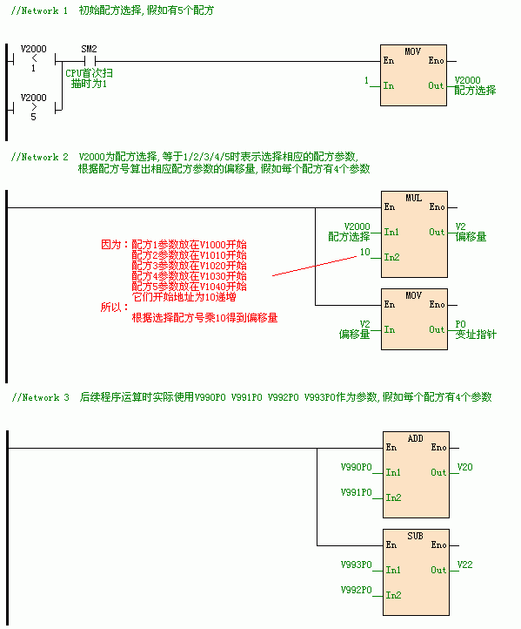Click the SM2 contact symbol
pyautogui.click(x=90, y=61)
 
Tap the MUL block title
pyautogui.click(x=414, y=198)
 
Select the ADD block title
pyautogui.click(x=415, y=438)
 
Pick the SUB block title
pyautogui.click(x=415, y=536)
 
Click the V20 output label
pyautogui.click(x=465, y=467)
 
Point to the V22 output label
pyautogui.click(x=465, y=565)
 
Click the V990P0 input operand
pyautogui.click(x=357, y=467)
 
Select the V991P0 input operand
pyautogui.click(x=357, y=492)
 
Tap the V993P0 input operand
pyautogui.click(x=357, y=565)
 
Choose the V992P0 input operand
pyautogui.click(x=357, y=590)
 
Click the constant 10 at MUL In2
pyautogui.click(x=364, y=252)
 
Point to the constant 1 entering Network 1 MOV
pyautogui.click(x=366, y=80)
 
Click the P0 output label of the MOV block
pyautogui.click(x=460, y=324)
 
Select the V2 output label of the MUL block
pyautogui.click(x=460, y=227)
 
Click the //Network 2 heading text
pyautogui.click(x=40, y=157)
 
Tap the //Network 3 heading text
pyautogui.click(x=40, y=397)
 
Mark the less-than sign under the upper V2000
pyautogui.click(x=34, y=58)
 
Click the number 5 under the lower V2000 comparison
pyautogui.click(x=34, y=117)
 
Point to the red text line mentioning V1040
pyautogui.click(x=189, y=287)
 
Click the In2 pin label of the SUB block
pyautogui.click(x=394, y=595)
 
